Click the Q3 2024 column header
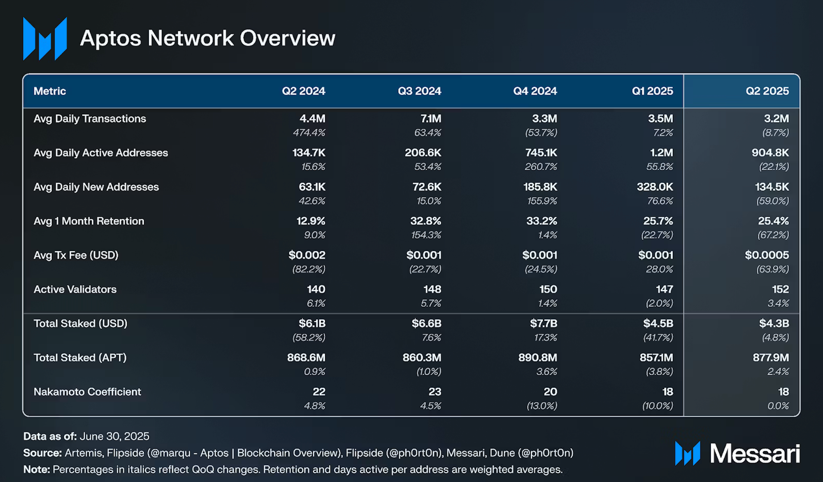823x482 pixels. pyautogui.click(x=419, y=91)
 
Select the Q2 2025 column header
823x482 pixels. pyautogui.click(x=767, y=91)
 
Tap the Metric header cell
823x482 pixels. pyautogui.click(x=50, y=91)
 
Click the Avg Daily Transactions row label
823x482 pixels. pyautogui.click(x=90, y=119)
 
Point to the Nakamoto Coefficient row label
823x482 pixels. pyautogui.click(x=87, y=391)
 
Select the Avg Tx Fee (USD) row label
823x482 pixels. pyautogui.click(x=76, y=255)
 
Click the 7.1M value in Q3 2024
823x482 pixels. pyautogui.click(x=430, y=119)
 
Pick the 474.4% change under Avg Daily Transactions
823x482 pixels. pyautogui.click(x=309, y=133)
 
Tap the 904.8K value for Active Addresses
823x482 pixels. pyautogui.click(x=770, y=153)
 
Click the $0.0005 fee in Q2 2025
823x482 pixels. pyautogui.click(x=767, y=255)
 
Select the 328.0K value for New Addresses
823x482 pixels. pyautogui.click(x=655, y=187)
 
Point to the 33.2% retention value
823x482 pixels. pyautogui.click(x=541, y=221)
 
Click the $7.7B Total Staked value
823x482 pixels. pyautogui.click(x=543, y=324)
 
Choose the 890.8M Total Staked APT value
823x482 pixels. pyautogui.click(x=537, y=358)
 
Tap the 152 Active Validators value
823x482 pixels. pyautogui.click(x=780, y=289)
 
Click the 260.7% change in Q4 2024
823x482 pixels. pyautogui.click(x=541, y=167)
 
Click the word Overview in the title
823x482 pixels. pyautogui.click(x=288, y=38)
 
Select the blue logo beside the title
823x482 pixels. pyautogui.click(x=45, y=39)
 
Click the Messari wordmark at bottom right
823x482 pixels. pyautogui.click(x=755, y=454)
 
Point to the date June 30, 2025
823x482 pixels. pyautogui.click(x=114, y=436)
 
